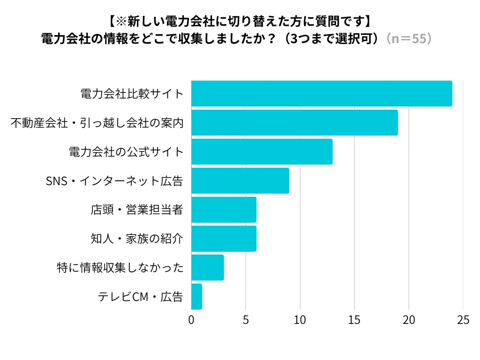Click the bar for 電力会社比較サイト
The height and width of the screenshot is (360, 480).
[322, 94]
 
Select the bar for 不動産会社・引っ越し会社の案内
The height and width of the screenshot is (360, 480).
[294, 123]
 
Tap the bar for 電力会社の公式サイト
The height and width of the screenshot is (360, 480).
[262, 152]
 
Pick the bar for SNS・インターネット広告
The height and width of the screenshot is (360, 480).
[240, 181]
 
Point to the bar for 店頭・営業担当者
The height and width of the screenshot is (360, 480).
[224, 210]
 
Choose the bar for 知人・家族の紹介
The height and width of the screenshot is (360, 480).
[224, 239]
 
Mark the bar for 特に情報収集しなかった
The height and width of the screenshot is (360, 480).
[207, 268]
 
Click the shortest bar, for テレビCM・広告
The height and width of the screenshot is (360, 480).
[196, 297]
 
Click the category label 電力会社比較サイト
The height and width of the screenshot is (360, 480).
[132, 94]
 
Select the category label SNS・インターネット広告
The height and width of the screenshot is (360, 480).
[114, 181]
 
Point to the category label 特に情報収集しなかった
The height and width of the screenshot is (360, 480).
[119, 268]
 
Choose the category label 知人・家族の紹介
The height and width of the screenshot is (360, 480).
[136, 239]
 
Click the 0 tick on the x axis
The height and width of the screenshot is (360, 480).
[191, 320]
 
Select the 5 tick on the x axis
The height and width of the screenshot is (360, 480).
[246, 320]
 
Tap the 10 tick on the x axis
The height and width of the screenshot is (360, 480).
[300, 320]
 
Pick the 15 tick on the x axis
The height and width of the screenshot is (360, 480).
[354, 320]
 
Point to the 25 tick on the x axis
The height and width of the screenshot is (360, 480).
[463, 320]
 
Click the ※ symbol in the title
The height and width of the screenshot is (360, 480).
[120, 21]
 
